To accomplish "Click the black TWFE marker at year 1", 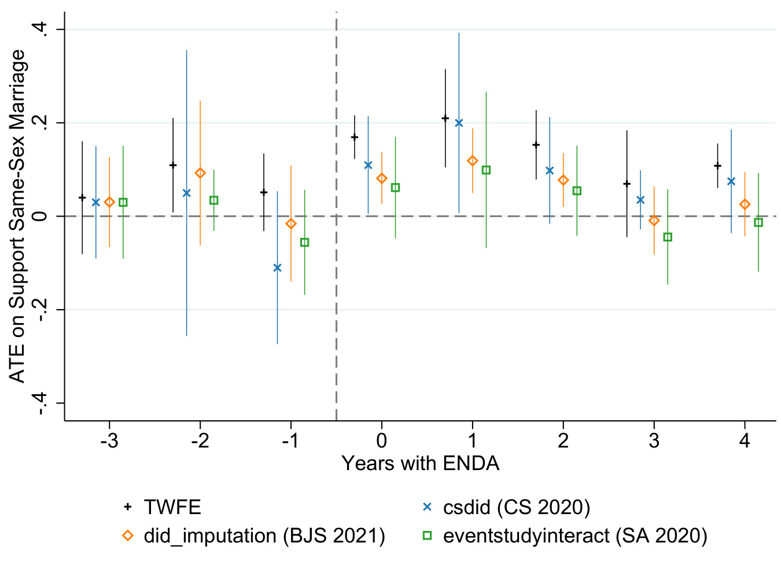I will pyautogui.click(x=445, y=118).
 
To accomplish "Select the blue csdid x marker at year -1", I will pyautogui.click(x=277, y=267).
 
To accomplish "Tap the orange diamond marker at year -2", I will pyautogui.click(x=200, y=173).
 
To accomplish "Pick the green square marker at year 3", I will pyautogui.click(x=668, y=237).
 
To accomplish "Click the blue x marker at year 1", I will pyautogui.click(x=459, y=123).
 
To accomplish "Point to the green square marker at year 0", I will pyautogui.click(x=395, y=188).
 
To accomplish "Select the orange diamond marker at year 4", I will pyautogui.click(x=745, y=204).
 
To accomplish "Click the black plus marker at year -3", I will pyautogui.click(x=82, y=197).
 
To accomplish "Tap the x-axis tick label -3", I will pyautogui.click(x=109, y=441).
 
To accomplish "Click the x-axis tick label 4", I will pyautogui.click(x=745, y=441).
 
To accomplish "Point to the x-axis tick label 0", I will pyautogui.click(x=381, y=441).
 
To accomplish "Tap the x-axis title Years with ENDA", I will pyautogui.click(x=420, y=464).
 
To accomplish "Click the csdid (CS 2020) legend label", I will pyautogui.click(x=516, y=507).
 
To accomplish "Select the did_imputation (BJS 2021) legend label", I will pyautogui.click(x=264, y=536).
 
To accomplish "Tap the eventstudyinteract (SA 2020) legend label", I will pyautogui.click(x=575, y=536).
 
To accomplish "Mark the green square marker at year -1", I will pyautogui.click(x=304, y=242).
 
